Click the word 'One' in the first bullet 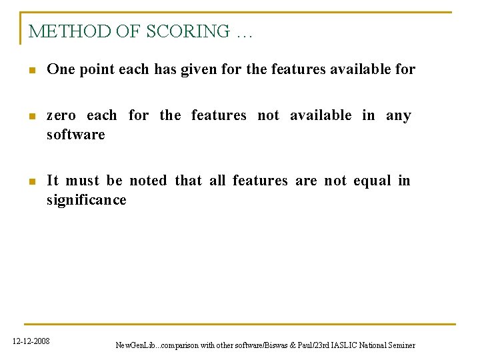[x=61, y=69]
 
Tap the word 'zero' [x=61, y=115]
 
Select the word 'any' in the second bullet [x=399, y=115]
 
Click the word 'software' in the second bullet [x=75, y=135]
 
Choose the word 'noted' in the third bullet [x=149, y=181]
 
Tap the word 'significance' [x=86, y=200]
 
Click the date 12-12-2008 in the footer [x=31, y=341]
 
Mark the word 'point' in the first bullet [x=97, y=69]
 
